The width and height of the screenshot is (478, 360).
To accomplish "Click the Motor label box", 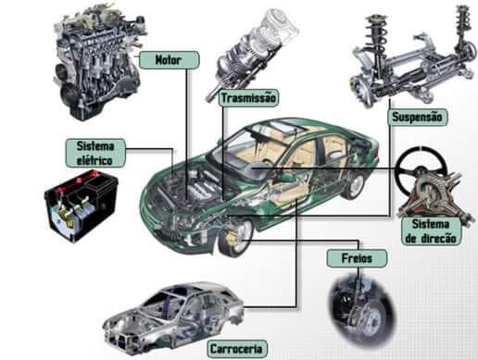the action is point(170,59).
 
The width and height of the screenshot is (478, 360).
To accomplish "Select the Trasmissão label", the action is point(248,98).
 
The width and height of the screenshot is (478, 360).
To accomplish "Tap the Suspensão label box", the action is point(418,118).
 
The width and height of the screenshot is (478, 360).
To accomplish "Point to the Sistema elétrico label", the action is point(95,153).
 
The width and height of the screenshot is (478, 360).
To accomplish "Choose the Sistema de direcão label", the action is point(431,231).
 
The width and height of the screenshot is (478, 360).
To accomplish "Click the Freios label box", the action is point(357,258).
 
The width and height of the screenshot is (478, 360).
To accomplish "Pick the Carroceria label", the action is point(236,349).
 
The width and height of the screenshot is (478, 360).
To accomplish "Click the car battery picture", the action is point(81,205).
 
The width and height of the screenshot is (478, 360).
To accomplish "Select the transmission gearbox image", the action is point(252,53).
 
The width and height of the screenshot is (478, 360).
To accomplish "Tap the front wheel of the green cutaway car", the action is point(236,237).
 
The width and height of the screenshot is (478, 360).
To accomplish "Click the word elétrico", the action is point(94,160).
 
